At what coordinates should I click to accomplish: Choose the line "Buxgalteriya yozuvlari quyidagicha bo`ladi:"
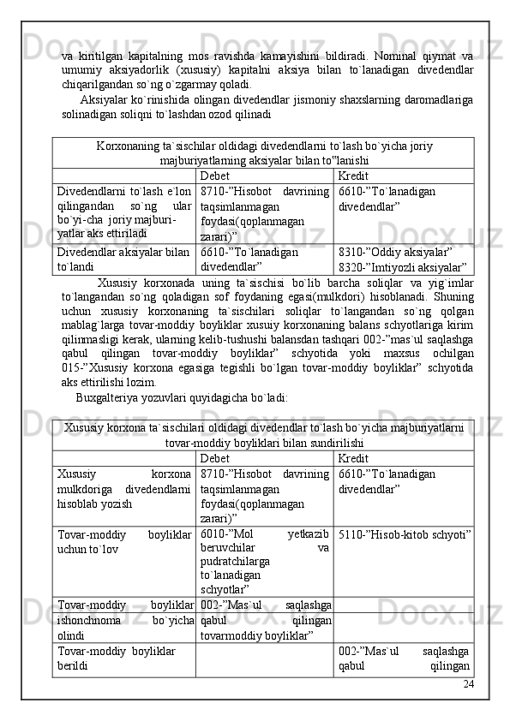click(182, 397)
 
